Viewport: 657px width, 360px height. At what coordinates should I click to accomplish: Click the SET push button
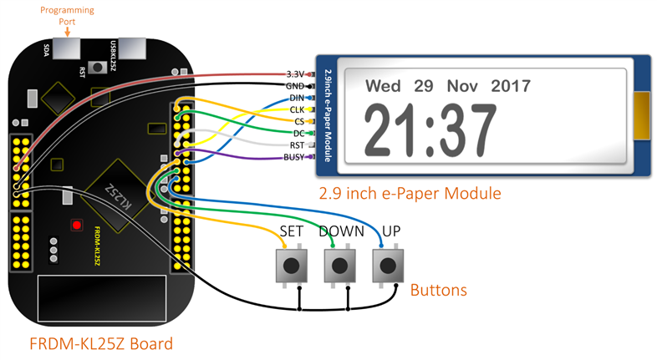coord(291,266)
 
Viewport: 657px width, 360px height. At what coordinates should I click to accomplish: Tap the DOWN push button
coord(339,266)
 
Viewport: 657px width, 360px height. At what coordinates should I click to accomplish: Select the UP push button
coord(387,266)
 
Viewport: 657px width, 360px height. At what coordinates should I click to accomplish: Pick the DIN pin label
coord(297,98)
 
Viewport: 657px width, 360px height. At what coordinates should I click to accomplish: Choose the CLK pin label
coord(297,109)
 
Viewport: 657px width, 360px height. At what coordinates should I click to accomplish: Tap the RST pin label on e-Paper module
coord(297,145)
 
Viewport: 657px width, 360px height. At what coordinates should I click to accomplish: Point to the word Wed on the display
coord(384,86)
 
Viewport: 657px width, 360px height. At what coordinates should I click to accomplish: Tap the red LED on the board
coord(77,225)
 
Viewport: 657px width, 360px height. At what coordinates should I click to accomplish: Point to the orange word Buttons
coord(438,291)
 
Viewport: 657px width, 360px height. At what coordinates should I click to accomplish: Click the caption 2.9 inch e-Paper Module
coord(410,194)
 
